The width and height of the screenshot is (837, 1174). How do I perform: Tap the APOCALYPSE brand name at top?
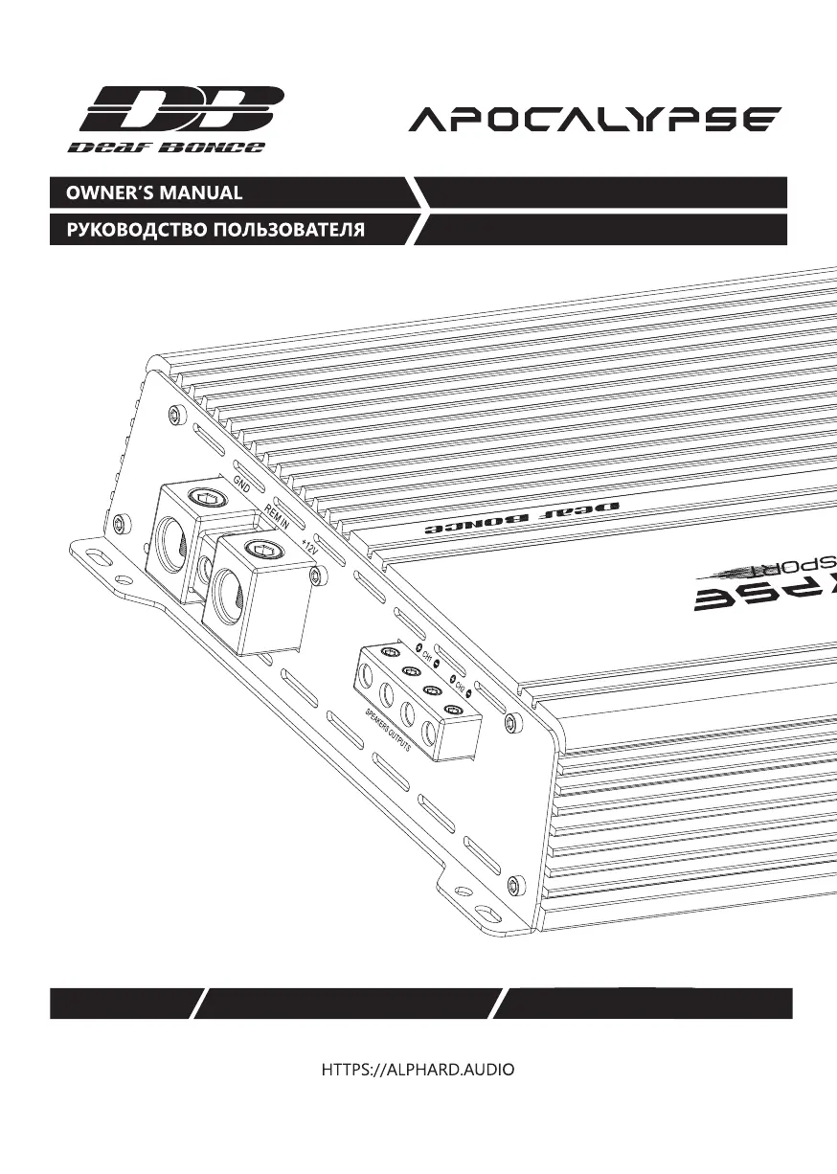(595, 121)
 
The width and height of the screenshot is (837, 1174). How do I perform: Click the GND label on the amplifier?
(241, 484)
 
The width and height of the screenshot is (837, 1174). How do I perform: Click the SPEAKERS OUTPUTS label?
(387, 732)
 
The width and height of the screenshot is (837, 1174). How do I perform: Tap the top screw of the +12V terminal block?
(260, 549)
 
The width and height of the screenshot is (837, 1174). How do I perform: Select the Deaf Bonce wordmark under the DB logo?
(167, 147)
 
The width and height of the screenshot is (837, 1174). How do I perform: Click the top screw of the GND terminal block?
(204, 497)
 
